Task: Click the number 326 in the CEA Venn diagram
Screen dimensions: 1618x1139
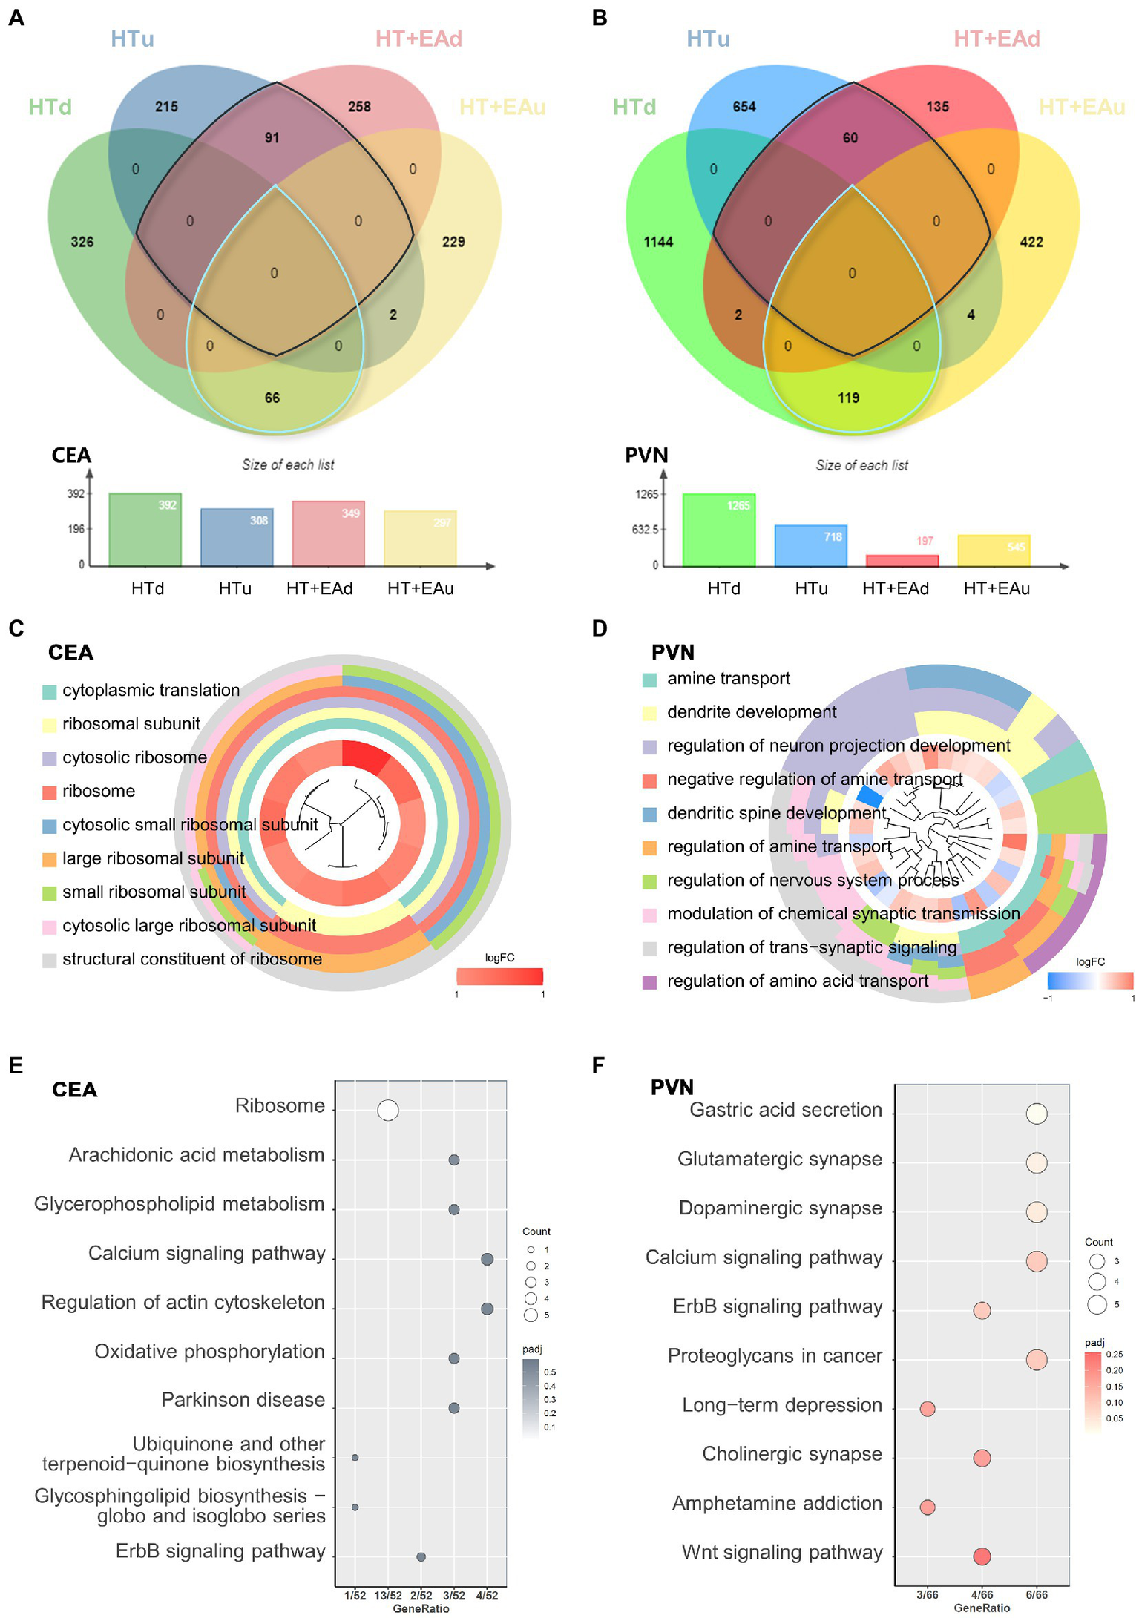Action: click(82, 242)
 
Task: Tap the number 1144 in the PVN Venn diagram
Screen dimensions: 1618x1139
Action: click(658, 242)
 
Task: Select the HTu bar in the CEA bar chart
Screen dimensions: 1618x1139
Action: click(237, 538)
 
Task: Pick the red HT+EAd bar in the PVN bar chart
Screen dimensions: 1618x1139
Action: click(902, 561)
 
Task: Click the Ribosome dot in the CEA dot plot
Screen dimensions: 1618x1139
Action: click(387, 1111)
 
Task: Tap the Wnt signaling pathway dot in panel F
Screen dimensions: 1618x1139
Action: click(982, 1556)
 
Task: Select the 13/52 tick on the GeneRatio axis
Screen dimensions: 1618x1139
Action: click(387, 1595)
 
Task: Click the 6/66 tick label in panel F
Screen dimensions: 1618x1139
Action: click(1037, 1594)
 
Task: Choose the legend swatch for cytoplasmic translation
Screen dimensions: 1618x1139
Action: click(50, 691)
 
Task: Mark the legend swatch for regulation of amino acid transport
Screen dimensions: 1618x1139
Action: click(649, 982)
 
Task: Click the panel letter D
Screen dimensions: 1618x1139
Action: click(600, 628)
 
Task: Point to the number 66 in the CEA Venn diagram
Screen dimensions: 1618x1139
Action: click(272, 398)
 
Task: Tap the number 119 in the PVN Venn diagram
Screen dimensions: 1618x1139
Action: click(848, 398)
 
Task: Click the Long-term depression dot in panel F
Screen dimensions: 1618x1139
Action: click(927, 1408)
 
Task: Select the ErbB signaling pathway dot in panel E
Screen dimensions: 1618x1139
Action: click(421, 1556)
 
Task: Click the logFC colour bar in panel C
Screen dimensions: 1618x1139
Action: click(499, 976)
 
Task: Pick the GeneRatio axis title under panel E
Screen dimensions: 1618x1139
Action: click(421, 1608)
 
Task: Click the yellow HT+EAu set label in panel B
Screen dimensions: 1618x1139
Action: click(1081, 107)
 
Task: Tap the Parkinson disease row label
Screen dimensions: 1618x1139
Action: click(243, 1400)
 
